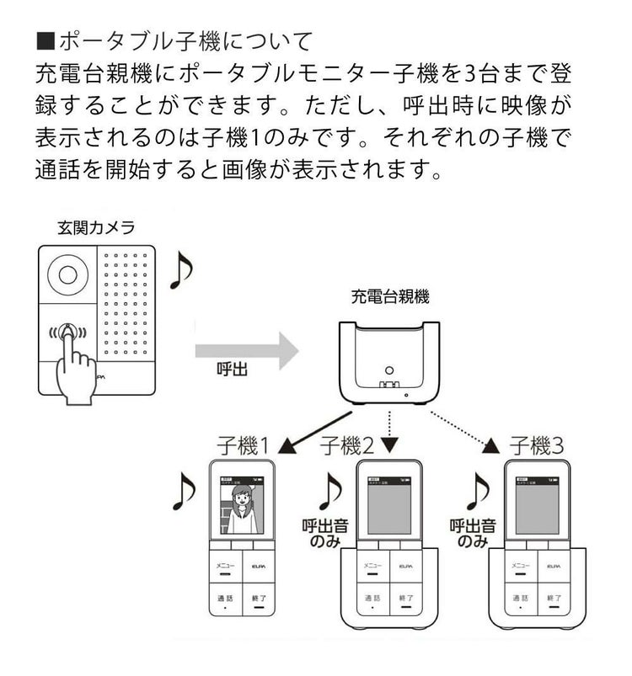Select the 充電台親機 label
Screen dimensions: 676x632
point(390,296)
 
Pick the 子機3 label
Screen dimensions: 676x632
point(536,445)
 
